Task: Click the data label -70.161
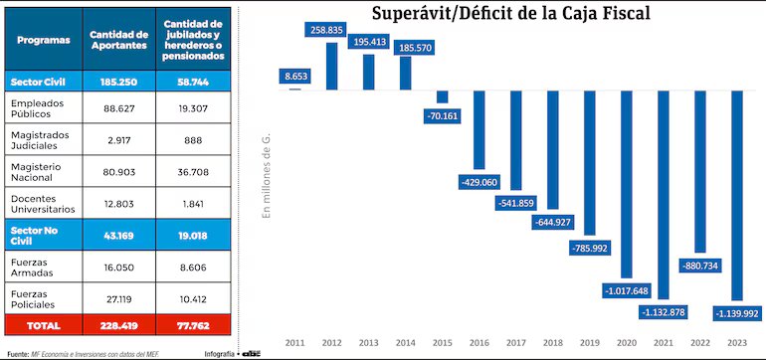443,114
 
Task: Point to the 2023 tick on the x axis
736,342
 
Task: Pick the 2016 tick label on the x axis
479,342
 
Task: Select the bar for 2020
626,185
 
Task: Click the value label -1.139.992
736,313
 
